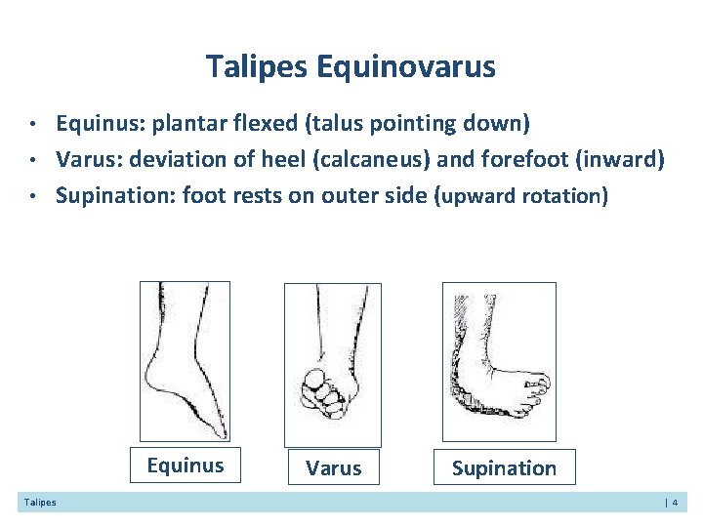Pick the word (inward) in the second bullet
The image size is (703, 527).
click(x=620, y=159)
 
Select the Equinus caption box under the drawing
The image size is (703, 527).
click(x=186, y=466)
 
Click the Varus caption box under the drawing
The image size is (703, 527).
click(x=333, y=468)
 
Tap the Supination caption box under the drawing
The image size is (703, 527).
click(x=504, y=468)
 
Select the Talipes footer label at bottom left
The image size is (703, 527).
click(x=40, y=503)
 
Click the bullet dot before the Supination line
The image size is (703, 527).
click(x=32, y=196)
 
